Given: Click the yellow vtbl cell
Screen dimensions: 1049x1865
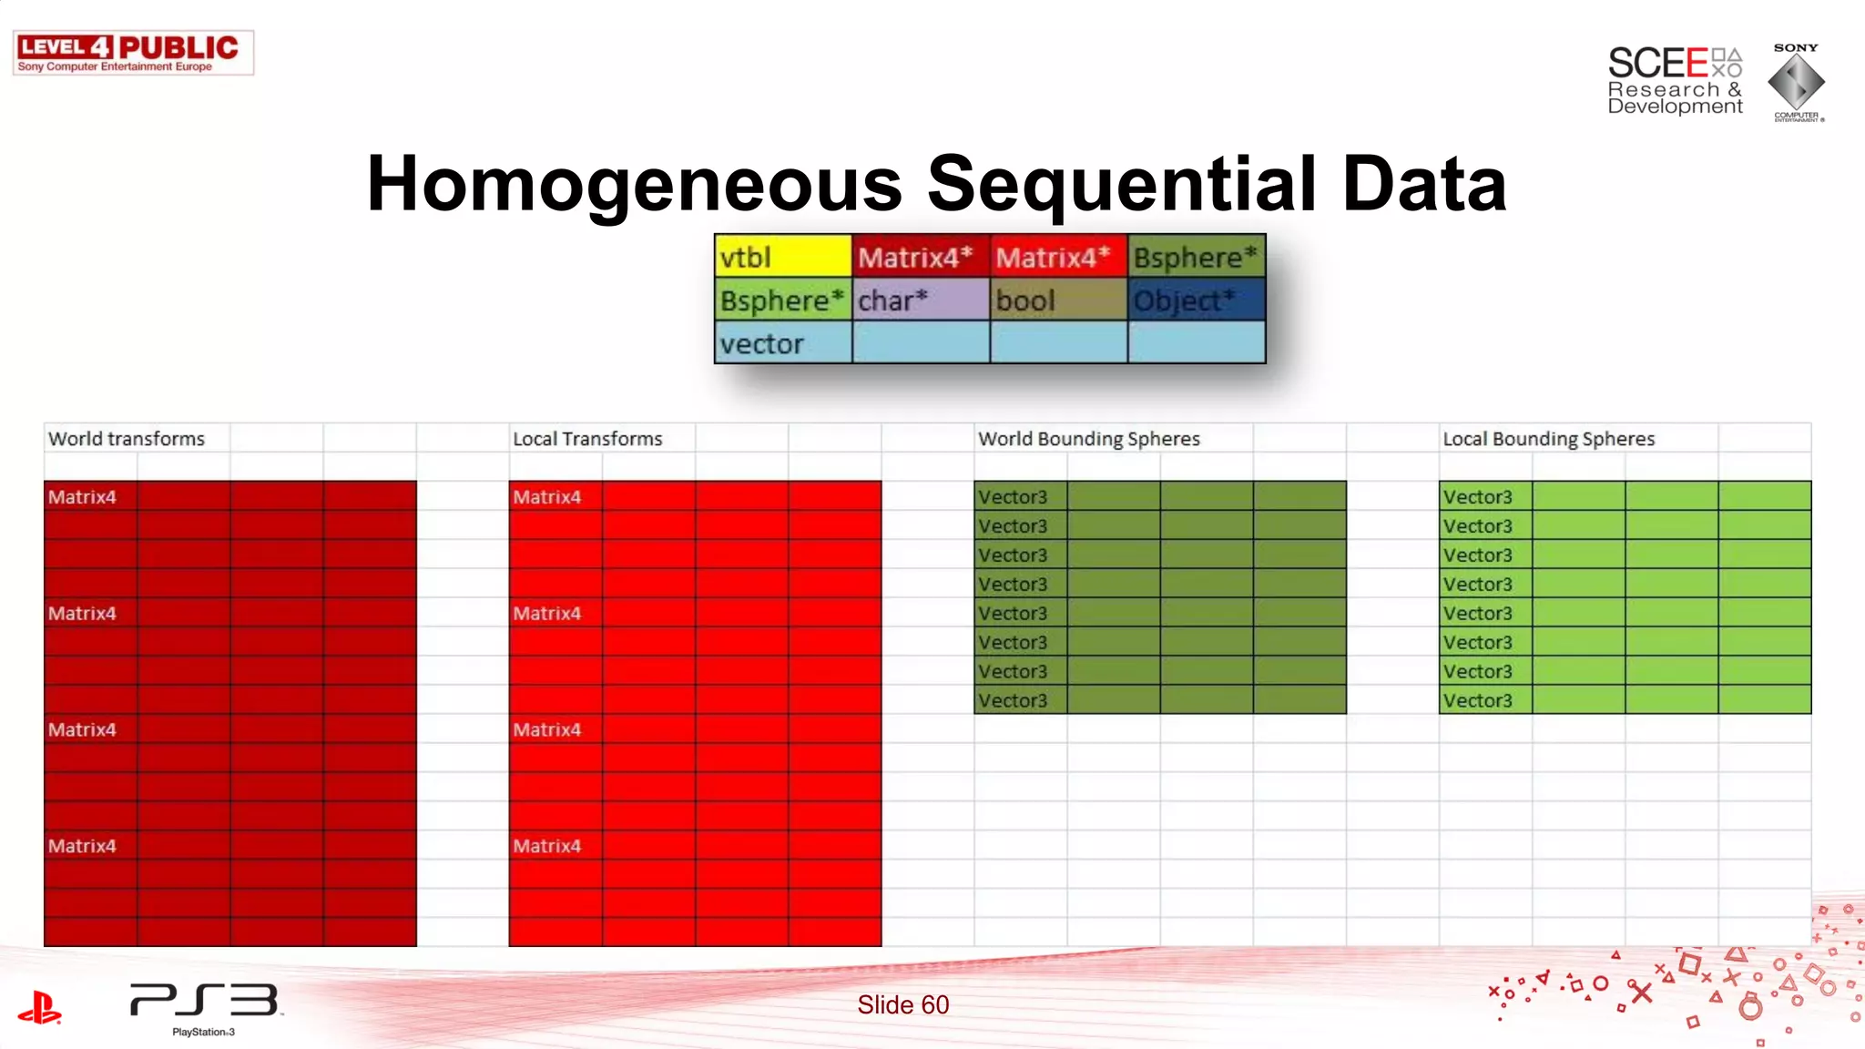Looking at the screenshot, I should (783, 257).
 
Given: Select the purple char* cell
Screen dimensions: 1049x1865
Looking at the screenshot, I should (921, 300).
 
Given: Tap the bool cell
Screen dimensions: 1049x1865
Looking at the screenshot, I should (1058, 300).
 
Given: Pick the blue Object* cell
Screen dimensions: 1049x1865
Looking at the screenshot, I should (1196, 300).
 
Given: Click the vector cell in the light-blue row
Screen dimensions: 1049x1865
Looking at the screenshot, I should (783, 344).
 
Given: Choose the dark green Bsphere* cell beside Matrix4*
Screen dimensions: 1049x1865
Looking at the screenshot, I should (1196, 257).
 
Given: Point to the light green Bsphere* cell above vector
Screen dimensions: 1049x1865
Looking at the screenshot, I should (783, 300).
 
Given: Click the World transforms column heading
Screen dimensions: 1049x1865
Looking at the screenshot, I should (127, 439).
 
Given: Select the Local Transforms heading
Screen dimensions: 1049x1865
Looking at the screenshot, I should (587, 439).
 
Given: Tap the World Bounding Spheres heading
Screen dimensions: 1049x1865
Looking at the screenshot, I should (1089, 439).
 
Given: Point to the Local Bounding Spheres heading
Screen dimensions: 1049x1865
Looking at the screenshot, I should (1548, 439).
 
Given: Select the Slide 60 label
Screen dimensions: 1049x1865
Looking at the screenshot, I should (902, 1004).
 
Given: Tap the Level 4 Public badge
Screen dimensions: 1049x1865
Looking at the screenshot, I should (133, 53).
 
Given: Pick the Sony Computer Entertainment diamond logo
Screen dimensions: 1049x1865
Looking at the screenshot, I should (1796, 82).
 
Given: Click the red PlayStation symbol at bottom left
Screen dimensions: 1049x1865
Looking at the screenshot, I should (39, 1008).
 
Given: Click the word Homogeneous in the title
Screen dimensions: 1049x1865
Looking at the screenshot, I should (635, 184).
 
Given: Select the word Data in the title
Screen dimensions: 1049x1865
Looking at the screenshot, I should (1424, 184).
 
